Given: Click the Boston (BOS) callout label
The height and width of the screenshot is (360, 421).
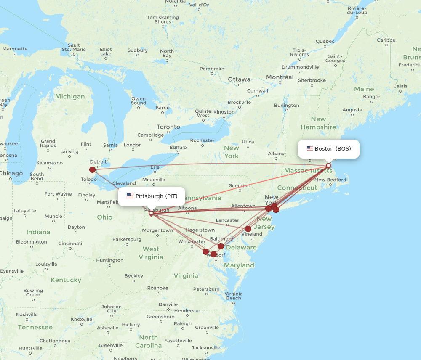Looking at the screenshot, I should [x=329, y=149].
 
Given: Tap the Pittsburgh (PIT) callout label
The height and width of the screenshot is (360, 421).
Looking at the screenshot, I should [x=152, y=196].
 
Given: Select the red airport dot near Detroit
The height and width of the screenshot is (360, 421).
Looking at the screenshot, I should [x=93, y=169].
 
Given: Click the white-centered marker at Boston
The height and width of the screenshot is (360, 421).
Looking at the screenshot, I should [x=328, y=166].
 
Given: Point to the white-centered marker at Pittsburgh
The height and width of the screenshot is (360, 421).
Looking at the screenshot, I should [x=151, y=213].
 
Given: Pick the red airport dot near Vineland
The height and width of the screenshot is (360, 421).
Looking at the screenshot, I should [x=248, y=229].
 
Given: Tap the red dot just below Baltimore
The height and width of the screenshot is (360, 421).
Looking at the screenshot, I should [x=221, y=246].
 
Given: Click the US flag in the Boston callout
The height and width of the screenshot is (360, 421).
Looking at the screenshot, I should [x=310, y=148].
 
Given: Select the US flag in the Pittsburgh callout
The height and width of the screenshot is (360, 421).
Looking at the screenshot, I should [x=130, y=196].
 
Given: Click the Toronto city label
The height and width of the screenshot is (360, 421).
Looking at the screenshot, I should [x=168, y=127].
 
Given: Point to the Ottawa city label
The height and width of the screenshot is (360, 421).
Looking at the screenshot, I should [x=239, y=79].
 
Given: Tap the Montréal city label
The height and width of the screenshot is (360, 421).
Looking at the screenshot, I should [x=280, y=77].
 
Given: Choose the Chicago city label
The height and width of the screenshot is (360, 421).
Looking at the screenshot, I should [x=11, y=173].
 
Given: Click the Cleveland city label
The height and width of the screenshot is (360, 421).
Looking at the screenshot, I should [x=124, y=183].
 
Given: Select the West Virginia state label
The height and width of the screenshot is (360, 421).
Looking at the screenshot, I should [x=151, y=253].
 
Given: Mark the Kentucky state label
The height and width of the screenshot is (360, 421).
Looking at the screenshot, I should [x=66, y=280].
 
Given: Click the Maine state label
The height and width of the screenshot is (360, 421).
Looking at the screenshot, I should [x=364, y=89].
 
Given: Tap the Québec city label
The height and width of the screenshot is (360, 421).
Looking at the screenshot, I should [x=325, y=41].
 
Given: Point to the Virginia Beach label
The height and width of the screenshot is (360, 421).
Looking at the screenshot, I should [x=233, y=296].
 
